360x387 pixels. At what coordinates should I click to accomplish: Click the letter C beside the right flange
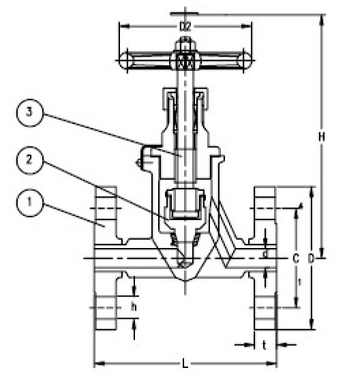coord(295,259)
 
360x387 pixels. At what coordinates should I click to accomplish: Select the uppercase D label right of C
coord(311,259)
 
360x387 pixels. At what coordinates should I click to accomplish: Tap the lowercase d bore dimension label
coord(265,253)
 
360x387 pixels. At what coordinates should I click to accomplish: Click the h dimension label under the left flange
coord(134,307)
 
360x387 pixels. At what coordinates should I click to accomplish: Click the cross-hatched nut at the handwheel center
coord(183,63)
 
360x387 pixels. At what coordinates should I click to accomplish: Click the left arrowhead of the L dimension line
coord(96,364)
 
